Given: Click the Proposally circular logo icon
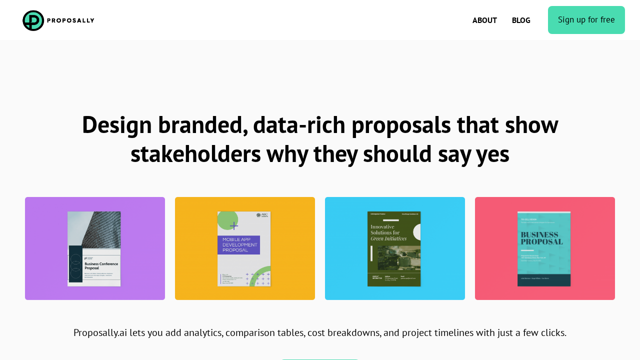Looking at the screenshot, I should pos(33,20).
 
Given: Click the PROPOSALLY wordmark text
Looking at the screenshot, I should pos(70,20).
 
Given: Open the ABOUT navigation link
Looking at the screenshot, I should pos(484,20).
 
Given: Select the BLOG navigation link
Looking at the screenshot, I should pos(521,20).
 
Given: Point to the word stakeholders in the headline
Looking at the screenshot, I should pos(195,154).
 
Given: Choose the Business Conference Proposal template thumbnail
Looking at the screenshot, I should pos(94,249).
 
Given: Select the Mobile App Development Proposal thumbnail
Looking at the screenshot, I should pos(244,249).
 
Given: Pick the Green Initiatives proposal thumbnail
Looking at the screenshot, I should pos(394,249).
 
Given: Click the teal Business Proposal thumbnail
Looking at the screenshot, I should pos(544,249).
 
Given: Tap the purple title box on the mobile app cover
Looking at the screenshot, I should pos(238,245).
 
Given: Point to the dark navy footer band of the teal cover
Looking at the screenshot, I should pos(544,280).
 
